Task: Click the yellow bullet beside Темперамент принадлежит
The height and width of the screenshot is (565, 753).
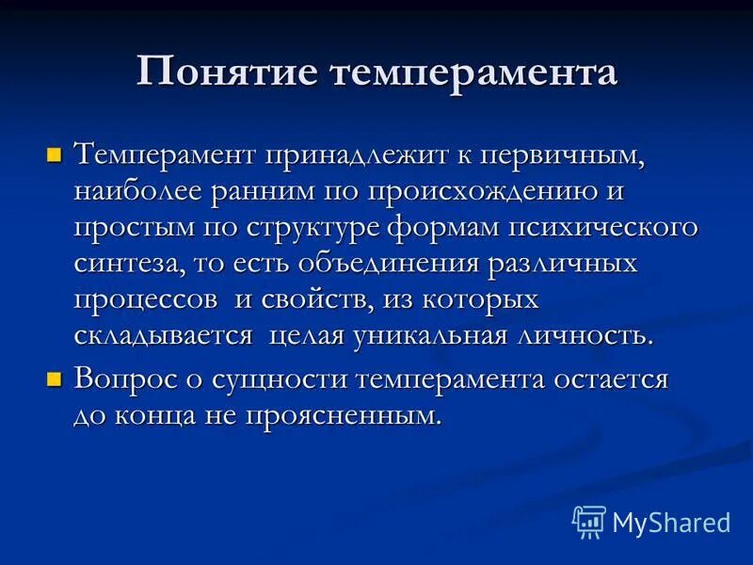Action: [x=54, y=152]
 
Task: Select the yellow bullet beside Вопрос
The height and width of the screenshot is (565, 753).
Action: [x=54, y=379]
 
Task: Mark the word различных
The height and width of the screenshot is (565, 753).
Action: [x=562, y=265]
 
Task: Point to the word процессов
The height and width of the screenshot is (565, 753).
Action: [x=140, y=301]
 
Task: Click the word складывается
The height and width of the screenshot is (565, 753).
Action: [x=163, y=337]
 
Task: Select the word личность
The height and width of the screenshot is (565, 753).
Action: [x=585, y=337]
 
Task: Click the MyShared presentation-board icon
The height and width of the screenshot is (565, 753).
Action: [x=589, y=521]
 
